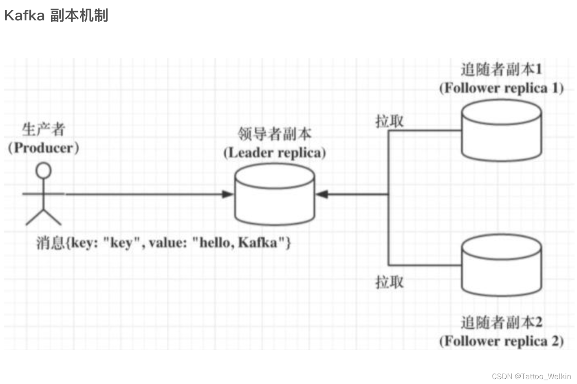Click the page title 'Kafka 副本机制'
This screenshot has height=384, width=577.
[56, 15]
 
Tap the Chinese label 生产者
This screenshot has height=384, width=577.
[44, 130]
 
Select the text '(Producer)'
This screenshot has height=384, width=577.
[44, 148]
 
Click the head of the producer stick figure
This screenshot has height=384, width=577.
[44, 170]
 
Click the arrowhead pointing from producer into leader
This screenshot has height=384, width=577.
[227, 194]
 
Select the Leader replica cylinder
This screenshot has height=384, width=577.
[275, 196]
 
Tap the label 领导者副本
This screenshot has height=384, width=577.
[275, 134]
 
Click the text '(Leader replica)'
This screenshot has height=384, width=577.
[275, 153]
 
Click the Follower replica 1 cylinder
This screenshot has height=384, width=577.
[501, 130]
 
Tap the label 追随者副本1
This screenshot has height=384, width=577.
[501, 69]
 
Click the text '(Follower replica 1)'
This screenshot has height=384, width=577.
[501, 88]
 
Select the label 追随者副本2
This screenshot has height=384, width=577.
[501, 322]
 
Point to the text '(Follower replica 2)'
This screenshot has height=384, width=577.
[501, 341]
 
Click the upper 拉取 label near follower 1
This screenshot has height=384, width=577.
[389, 121]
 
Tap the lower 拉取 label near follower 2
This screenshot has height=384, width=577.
[389, 282]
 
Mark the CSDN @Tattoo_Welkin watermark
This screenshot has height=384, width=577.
[531, 376]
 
